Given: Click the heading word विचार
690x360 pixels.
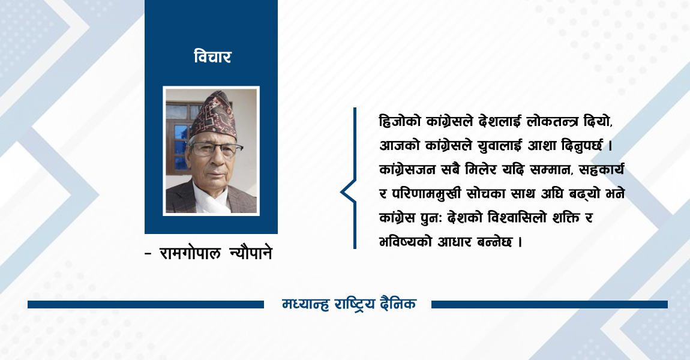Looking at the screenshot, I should click(212, 58).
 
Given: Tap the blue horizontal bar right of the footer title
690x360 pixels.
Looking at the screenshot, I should click(549, 305).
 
